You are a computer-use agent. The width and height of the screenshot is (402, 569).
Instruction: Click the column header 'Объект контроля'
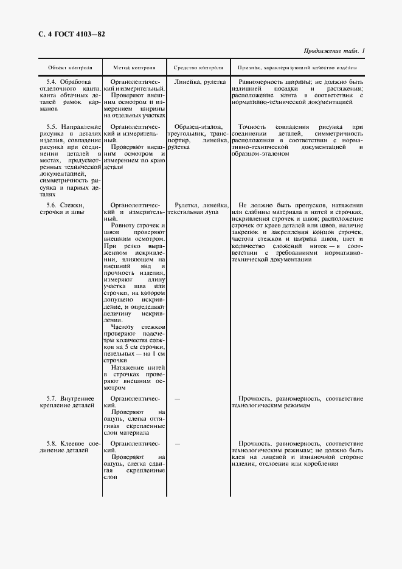[70, 67]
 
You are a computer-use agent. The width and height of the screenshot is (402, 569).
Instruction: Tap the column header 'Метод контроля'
[134, 67]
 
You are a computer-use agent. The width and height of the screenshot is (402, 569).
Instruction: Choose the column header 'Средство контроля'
[198, 67]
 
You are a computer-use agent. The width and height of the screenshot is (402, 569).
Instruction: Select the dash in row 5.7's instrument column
[177, 398]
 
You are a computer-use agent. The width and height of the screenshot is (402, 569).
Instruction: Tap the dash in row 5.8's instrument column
[177, 443]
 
